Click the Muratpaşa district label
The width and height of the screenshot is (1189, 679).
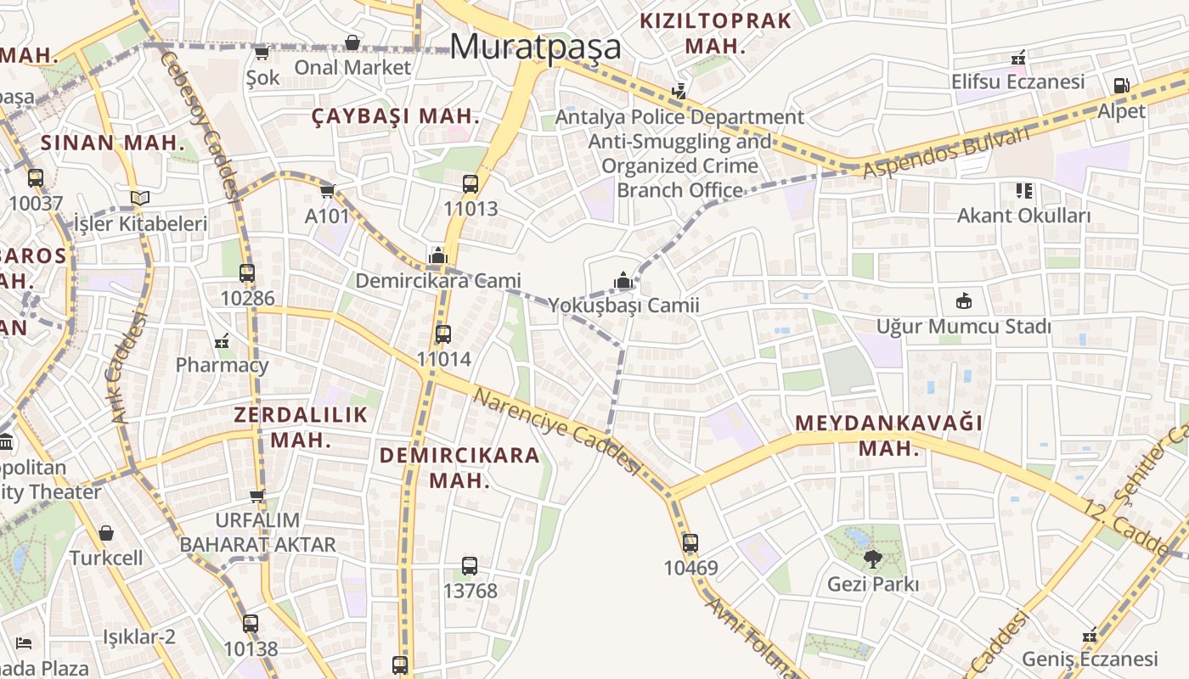point(535,47)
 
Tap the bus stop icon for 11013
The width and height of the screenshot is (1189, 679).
point(471,184)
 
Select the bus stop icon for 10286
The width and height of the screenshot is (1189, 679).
point(247,273)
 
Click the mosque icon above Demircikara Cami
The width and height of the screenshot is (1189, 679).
point(437,255)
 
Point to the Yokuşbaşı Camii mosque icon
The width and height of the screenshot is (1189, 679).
point(623,280)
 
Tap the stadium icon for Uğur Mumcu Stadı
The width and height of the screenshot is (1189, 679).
point(964,300)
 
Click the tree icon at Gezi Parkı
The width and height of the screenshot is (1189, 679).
point(872,558)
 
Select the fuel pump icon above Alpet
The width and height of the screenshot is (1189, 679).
point(1121,86)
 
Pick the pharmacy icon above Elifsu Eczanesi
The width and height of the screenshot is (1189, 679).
point(1017,58)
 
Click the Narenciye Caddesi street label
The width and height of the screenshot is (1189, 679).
point(556,431)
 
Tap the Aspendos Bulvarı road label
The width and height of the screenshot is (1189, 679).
point(947,153)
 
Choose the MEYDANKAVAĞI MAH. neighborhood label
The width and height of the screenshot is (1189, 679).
point(889,435)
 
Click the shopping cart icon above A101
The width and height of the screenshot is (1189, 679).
point(328,191)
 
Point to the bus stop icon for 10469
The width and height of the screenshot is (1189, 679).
point(690,543)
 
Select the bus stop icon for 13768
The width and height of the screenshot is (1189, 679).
point(470,565)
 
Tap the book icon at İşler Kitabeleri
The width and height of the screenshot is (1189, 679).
point(140,199)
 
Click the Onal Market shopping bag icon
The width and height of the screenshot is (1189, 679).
point(352,42)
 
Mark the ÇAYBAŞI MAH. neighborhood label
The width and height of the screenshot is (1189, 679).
point(396,117)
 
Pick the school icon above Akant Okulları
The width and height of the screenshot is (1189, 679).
point(1023,191)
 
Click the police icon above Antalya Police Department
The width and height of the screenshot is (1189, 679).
point(679,90)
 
